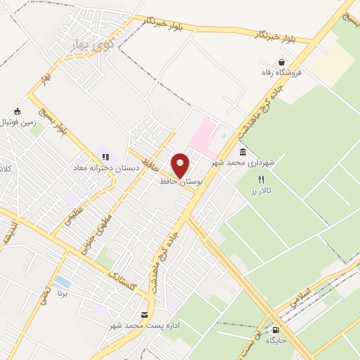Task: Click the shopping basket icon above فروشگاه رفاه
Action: [282, 62]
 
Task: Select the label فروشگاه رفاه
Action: [283, 73]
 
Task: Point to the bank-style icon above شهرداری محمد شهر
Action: [243, 153]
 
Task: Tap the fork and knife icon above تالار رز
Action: [261, 179]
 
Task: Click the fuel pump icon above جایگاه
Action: [275, 330]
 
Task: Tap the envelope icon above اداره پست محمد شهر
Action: [145, 315]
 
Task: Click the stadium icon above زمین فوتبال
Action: [18, 111]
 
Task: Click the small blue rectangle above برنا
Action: [62, 282]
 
